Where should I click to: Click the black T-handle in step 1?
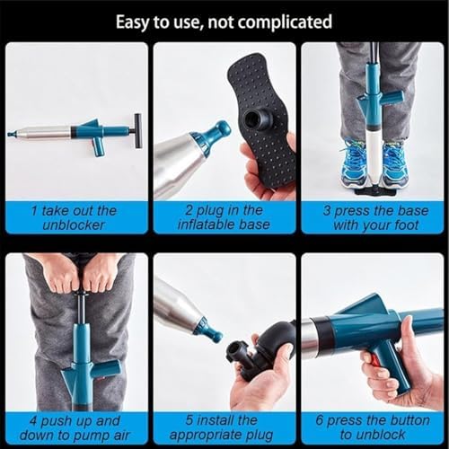tap(136, 131)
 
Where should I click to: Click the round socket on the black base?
tap(255, 119)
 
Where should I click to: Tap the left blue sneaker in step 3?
tap(354, 163)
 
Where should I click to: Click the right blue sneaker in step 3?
tap(396, 163)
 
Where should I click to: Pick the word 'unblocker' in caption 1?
tap(74, 225)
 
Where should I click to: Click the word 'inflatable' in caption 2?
tap(206, 224)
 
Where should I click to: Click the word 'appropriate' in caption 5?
tap(206, 436)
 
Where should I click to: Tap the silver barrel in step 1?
tap(44, 133)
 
